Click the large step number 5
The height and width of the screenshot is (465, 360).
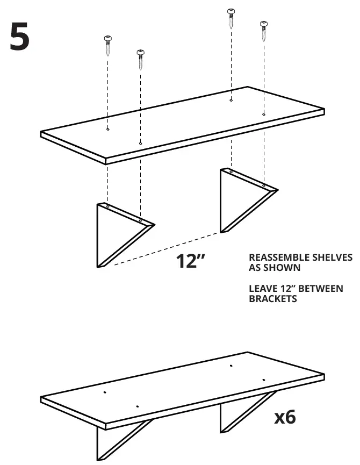pyautogui.click(x=20, y=37)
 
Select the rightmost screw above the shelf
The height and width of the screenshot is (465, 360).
pyautogui.click(x=264, y=31)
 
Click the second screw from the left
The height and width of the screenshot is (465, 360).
pyautogui.click(x=140, y=59)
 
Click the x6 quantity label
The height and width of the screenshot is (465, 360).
pyautogui.click(x=285, y=417)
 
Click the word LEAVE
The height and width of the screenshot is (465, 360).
pyautogui.click(x=262, y=289)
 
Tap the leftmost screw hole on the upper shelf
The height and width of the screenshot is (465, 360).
pyautogui.click(x=107, y=130)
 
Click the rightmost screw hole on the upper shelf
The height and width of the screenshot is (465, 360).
pyautogui.click(x=264, y=114)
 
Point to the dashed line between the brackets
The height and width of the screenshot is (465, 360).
pyautogui.click(x=167, y=248)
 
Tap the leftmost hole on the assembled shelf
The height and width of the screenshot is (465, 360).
pyautogui.click(x=104, y=392)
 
